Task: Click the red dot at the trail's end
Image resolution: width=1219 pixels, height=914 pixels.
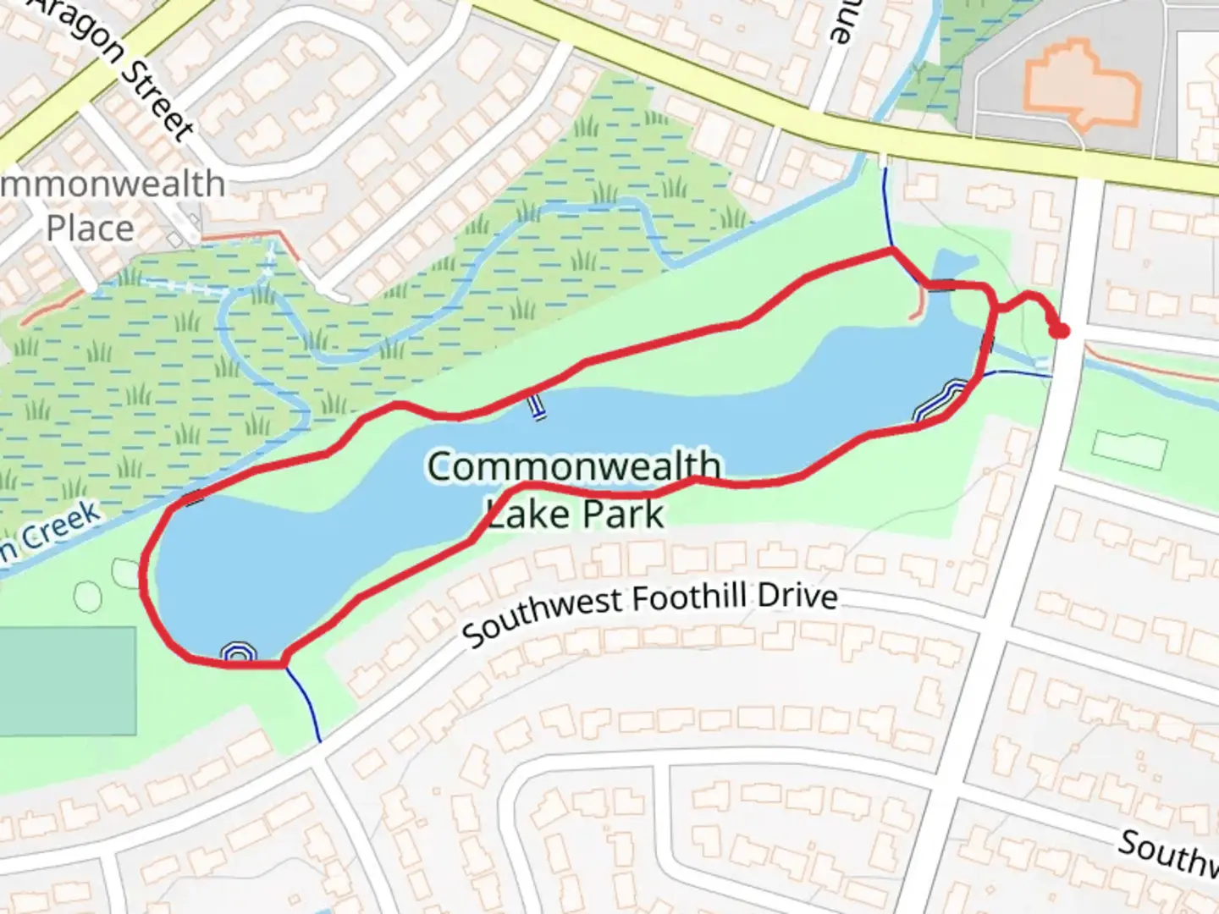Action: coord(1059,331)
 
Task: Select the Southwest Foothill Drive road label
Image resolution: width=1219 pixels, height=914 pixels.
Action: coord(650,611)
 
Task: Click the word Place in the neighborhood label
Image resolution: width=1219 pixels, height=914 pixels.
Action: coord(90,228)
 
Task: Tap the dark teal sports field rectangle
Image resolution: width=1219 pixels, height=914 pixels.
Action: coord(67,680)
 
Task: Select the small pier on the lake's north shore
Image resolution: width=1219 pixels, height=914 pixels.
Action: coord(535,407)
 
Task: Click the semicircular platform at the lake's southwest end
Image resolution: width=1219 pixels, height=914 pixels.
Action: coord(238,652)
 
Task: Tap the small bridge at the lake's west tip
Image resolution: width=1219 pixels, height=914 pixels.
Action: coord(194,498)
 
